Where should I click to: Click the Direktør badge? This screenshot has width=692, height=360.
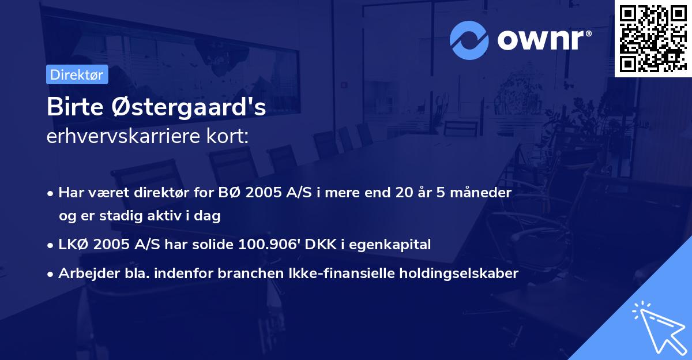[77, 74]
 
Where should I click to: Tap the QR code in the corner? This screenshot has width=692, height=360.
[653, 39]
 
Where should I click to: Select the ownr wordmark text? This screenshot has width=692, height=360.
[541, 40]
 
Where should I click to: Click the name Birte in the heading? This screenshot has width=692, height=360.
[72, 108]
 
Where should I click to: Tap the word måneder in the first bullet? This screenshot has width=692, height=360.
[483, 193]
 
